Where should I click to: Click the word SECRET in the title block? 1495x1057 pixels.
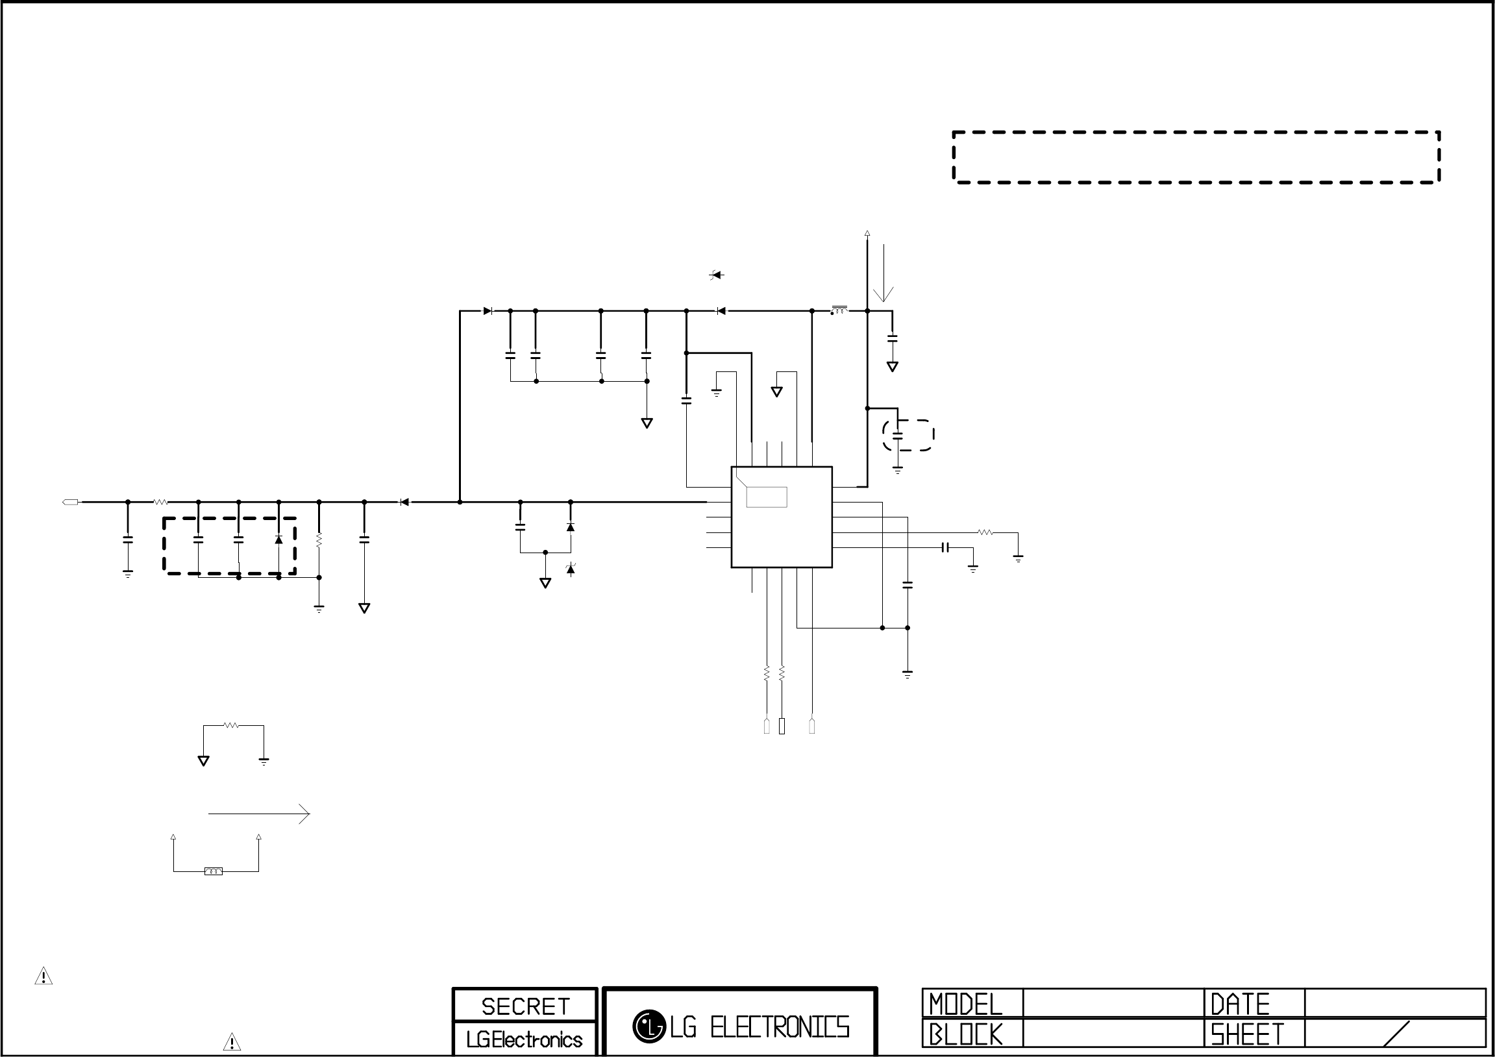point(525,1006)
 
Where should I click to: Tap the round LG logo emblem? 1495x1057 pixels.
point(649,1026)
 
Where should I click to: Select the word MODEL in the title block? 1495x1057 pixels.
point(965,1004)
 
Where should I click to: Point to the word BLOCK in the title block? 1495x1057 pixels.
point(965,1034)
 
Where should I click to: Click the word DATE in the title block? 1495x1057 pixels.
point(1240,1004)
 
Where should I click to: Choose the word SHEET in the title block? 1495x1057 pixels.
point(1247,1034)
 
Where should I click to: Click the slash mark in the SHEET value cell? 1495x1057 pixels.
point(1396,1034)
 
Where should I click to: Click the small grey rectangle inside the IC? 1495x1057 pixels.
point(767,497)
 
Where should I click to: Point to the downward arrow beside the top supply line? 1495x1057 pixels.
point(883,273)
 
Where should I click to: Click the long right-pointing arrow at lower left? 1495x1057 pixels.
point(259,814)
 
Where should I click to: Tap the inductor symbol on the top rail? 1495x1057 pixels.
point(839,310)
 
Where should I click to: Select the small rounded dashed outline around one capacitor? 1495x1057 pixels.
point(908,435)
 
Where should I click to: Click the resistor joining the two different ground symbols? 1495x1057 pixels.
point(231,725)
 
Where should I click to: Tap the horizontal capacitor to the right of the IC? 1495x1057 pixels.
point(945,548)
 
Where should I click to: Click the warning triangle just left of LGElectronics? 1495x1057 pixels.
point(232,1042)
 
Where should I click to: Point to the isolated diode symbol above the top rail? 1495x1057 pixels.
point(716,275)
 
